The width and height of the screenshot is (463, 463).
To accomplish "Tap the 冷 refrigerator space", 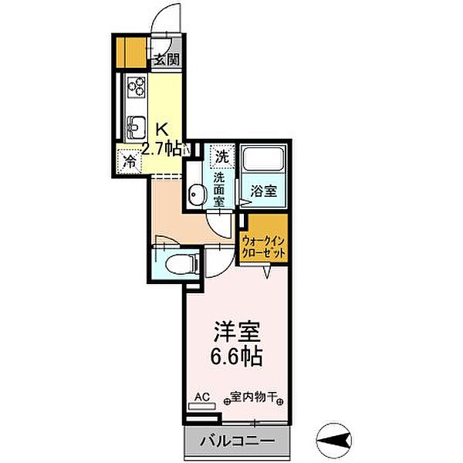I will pyautogui.click(x=129, y=162).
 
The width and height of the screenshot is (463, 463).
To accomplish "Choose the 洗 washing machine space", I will pyautogui.click(x=222, y=155).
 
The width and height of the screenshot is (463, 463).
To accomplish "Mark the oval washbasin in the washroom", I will pyautogui.click(x=197, y=196).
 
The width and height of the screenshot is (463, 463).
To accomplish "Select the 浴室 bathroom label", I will pyautogui.click(x=263, y=193).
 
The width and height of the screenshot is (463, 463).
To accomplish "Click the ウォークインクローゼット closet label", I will pyautogui.click(x=263, y=246).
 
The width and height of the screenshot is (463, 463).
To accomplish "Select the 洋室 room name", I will pyautogui.click(x=237, y=333).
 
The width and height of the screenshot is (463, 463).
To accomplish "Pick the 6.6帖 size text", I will pyautogui.click(x=237, y=357).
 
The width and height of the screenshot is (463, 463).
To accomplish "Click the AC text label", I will pyautogui.click(x=201, y=397).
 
